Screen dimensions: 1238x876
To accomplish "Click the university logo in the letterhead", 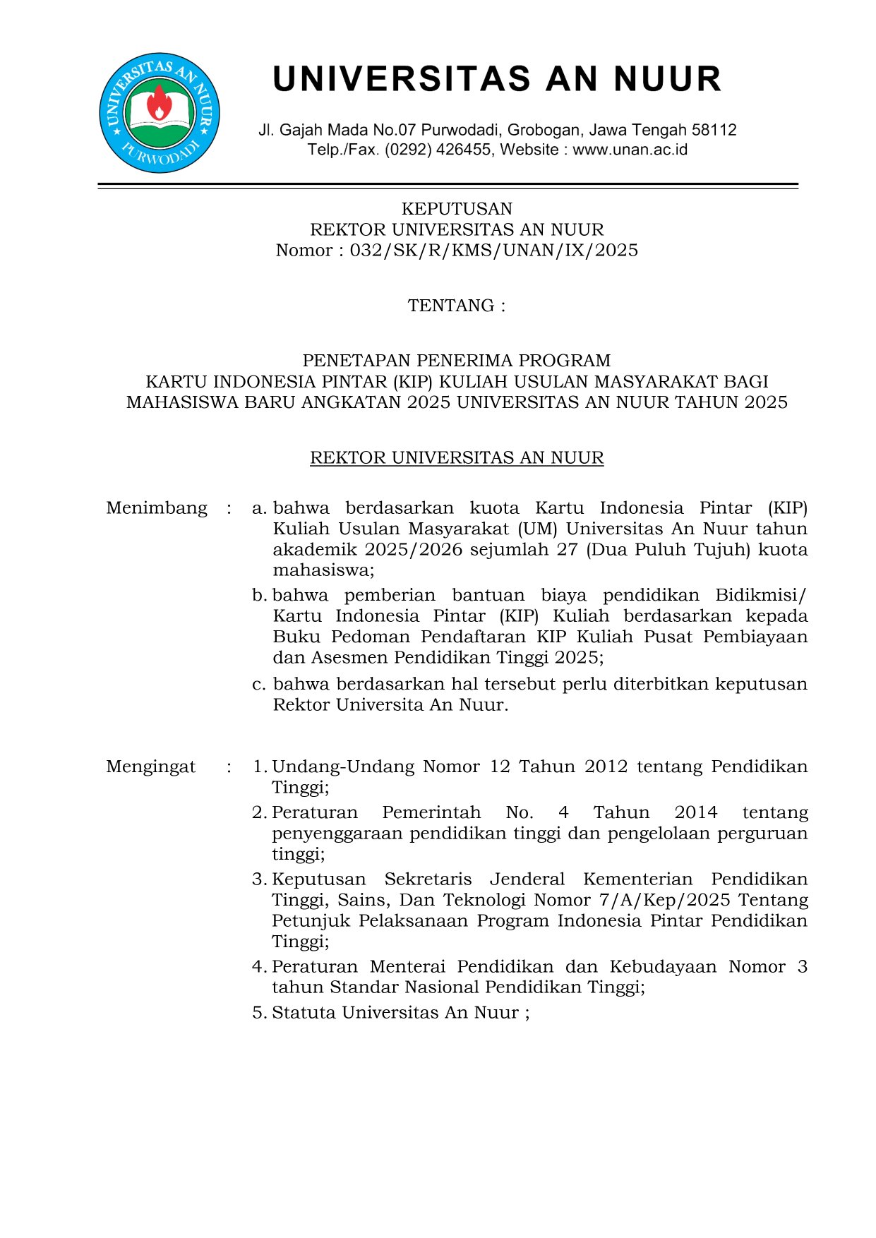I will [160, 113].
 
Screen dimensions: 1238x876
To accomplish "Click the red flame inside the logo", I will [159, 104].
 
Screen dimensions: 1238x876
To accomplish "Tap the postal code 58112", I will [714, 130].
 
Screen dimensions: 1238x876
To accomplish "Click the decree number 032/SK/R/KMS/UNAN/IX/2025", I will [493, 251].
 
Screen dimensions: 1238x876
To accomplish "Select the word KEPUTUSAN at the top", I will [457, 209].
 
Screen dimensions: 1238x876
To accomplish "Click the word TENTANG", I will [451, 306].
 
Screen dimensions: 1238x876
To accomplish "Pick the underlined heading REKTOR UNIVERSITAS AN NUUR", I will [457, 458].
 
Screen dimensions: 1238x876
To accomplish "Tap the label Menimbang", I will [157, 508].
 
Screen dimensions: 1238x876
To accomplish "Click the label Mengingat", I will [151, 767].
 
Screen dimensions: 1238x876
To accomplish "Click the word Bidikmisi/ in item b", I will [760, 596].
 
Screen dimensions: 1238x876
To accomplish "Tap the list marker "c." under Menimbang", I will [259, 685].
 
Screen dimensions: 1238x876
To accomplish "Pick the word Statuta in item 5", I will [304, 1013].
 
